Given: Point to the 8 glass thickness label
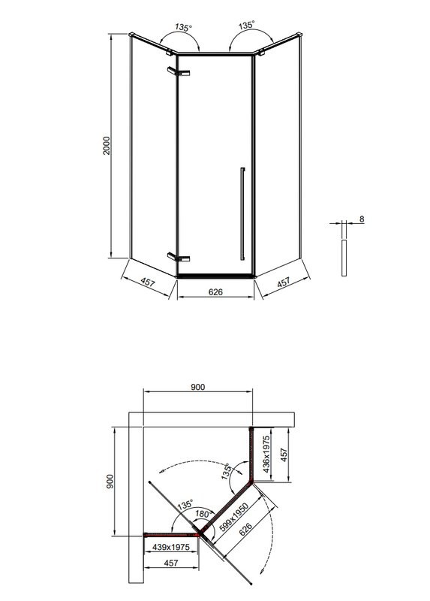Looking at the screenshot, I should (x=361, y=219).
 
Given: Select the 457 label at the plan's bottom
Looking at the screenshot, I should (x=170, y=563).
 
